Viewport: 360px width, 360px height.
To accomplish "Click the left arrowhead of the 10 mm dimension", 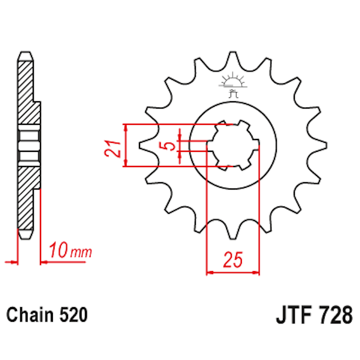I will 8,261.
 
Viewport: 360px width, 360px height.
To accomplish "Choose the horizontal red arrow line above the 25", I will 233,272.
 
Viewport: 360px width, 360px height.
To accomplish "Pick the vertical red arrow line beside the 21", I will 126,145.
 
